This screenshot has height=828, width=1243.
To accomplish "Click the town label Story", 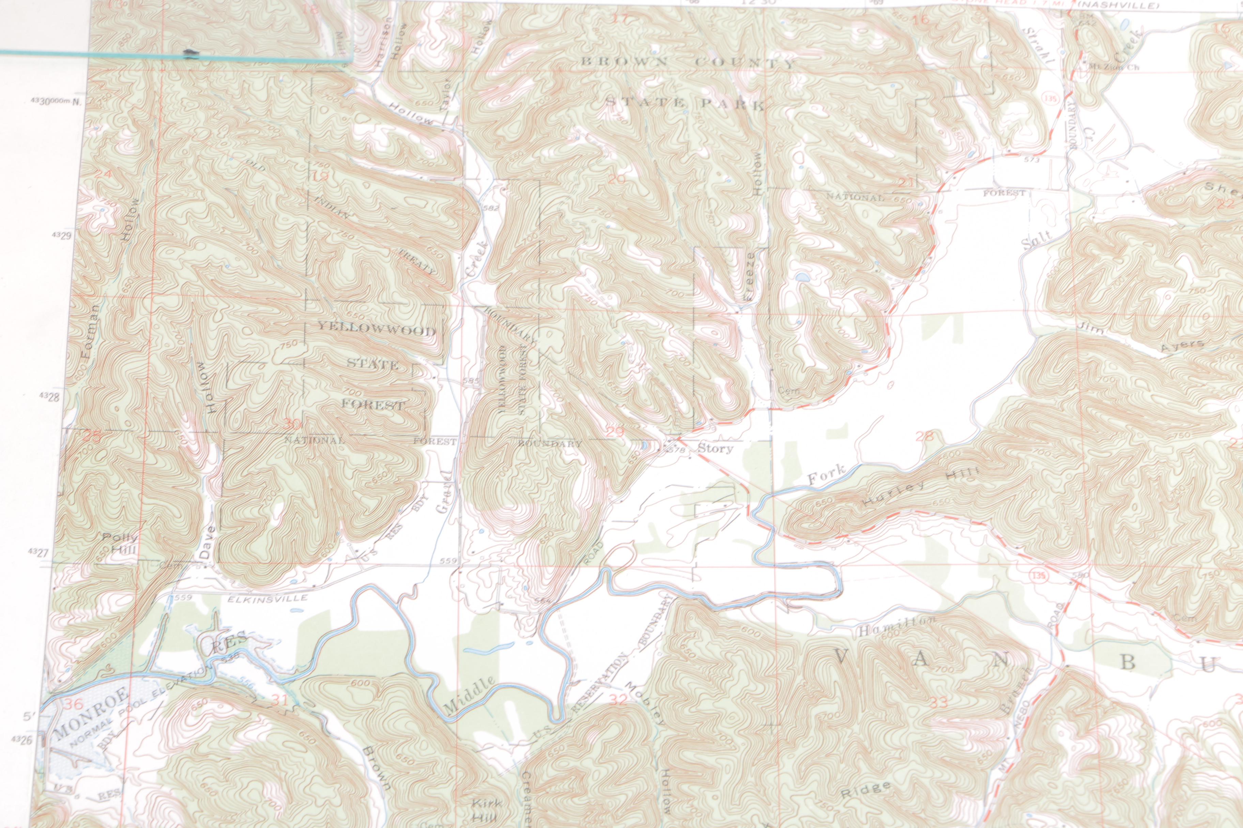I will [x=715, y=448].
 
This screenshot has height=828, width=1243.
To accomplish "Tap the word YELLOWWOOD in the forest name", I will [x=376, y=330].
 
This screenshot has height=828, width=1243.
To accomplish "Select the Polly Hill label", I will [x=121, y=543].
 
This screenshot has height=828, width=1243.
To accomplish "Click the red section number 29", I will [x=615, y=432].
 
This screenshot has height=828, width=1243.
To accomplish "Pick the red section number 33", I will [x=939, y=702].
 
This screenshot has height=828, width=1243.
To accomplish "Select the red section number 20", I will [x=616, y=179].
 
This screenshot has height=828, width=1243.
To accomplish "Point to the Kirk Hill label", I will [x=487, y=809].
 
